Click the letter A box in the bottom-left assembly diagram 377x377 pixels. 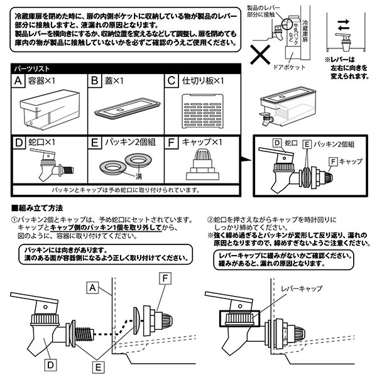point(92,287)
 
